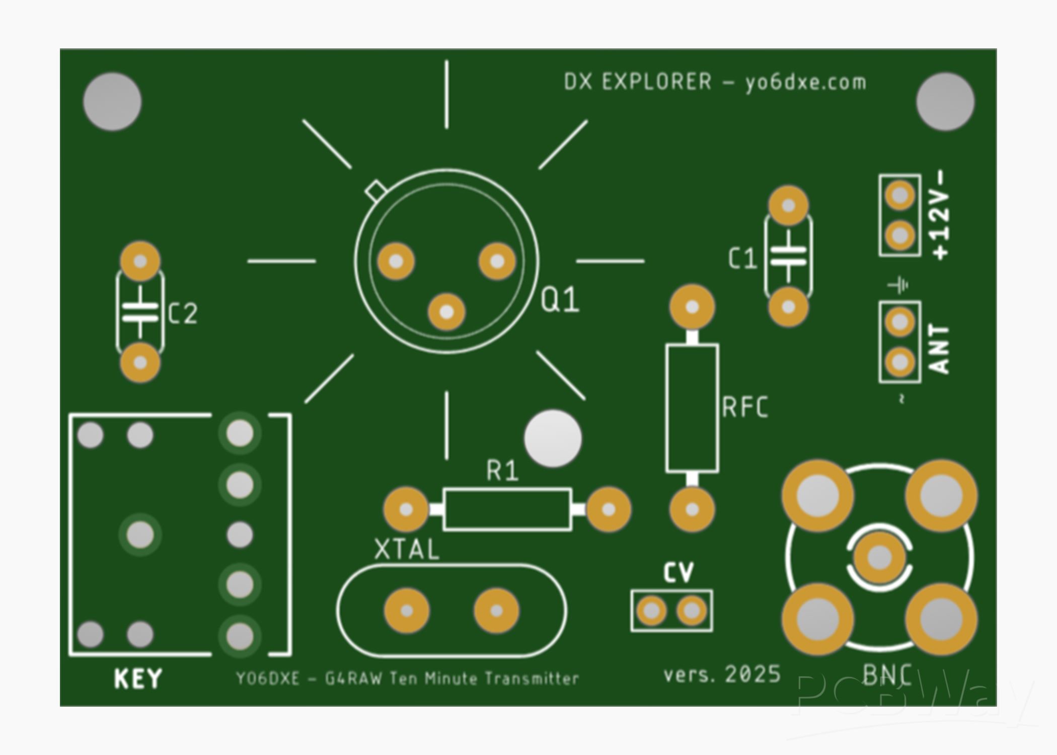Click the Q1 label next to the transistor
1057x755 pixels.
[560, 300]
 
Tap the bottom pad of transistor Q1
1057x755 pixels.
[446, 312]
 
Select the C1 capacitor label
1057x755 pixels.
[742, 259]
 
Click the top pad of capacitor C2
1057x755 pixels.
[140, 261]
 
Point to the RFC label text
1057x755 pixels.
[745, 407]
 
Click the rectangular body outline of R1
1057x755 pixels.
[507, 509]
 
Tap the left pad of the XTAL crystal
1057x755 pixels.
[407, 611]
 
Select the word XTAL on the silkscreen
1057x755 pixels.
[407, 549]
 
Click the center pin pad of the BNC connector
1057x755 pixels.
[879, 557]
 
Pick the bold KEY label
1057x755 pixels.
[138, 679]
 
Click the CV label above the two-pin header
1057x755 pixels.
[678, 573]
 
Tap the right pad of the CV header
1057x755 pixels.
[691, 611]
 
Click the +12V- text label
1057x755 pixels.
[940, 215]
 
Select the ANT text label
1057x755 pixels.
[939, 349]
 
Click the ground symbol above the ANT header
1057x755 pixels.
[898, 286]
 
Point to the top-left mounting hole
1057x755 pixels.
[112, 102]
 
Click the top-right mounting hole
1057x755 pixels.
[945, 102]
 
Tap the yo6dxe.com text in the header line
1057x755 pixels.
[805, 82]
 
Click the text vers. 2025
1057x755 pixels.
[722, 674]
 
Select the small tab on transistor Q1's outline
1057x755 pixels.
[375, 190]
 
